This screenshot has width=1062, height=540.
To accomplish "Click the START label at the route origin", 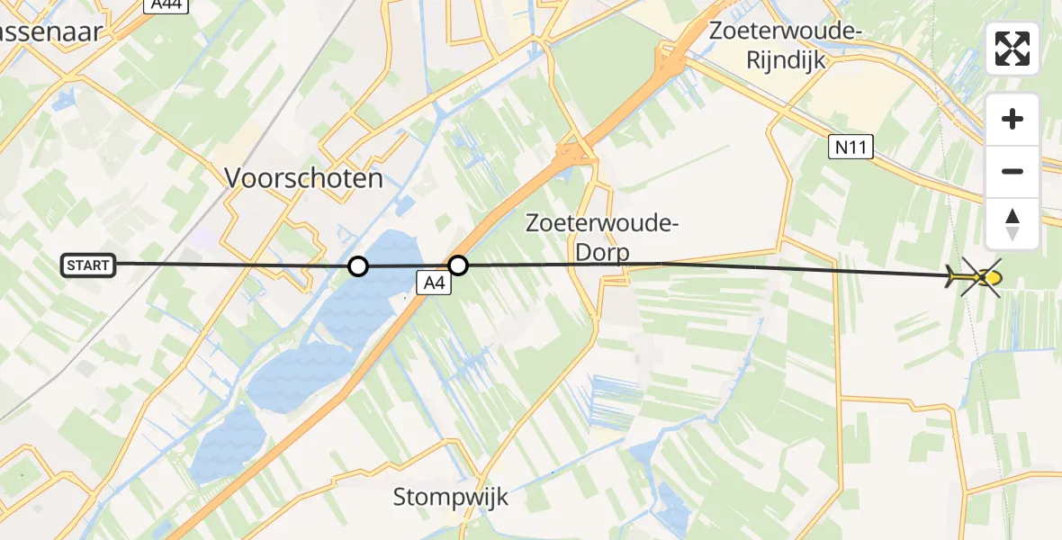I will [88, 265].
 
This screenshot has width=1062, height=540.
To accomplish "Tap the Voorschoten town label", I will [303, 178].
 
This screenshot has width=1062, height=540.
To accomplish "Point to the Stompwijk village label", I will [450, 497].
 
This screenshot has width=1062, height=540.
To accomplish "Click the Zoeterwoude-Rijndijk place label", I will [786, 44].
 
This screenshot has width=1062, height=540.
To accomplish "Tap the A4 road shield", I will [434, 284].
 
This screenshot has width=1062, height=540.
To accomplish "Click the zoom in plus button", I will [1012, 119].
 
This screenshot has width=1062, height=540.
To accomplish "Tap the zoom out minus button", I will [1012, 171].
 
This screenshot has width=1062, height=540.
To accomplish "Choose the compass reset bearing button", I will [1012, 223].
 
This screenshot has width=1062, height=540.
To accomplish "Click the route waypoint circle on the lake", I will [358, 266].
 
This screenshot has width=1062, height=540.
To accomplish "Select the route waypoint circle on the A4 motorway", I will [458, 265].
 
